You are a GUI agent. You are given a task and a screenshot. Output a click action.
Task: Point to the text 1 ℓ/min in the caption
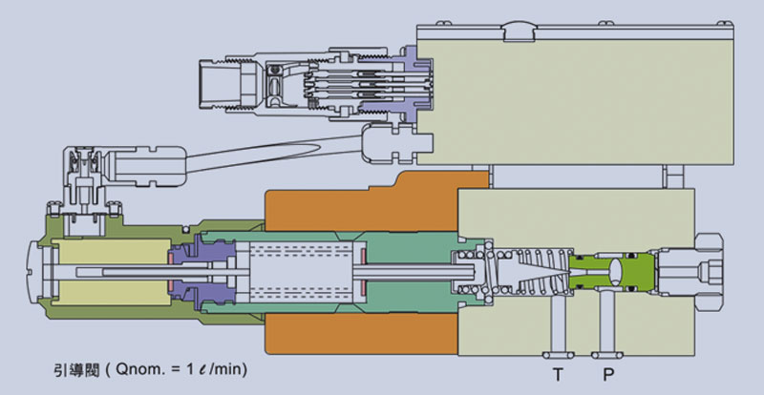click(215, 365)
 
